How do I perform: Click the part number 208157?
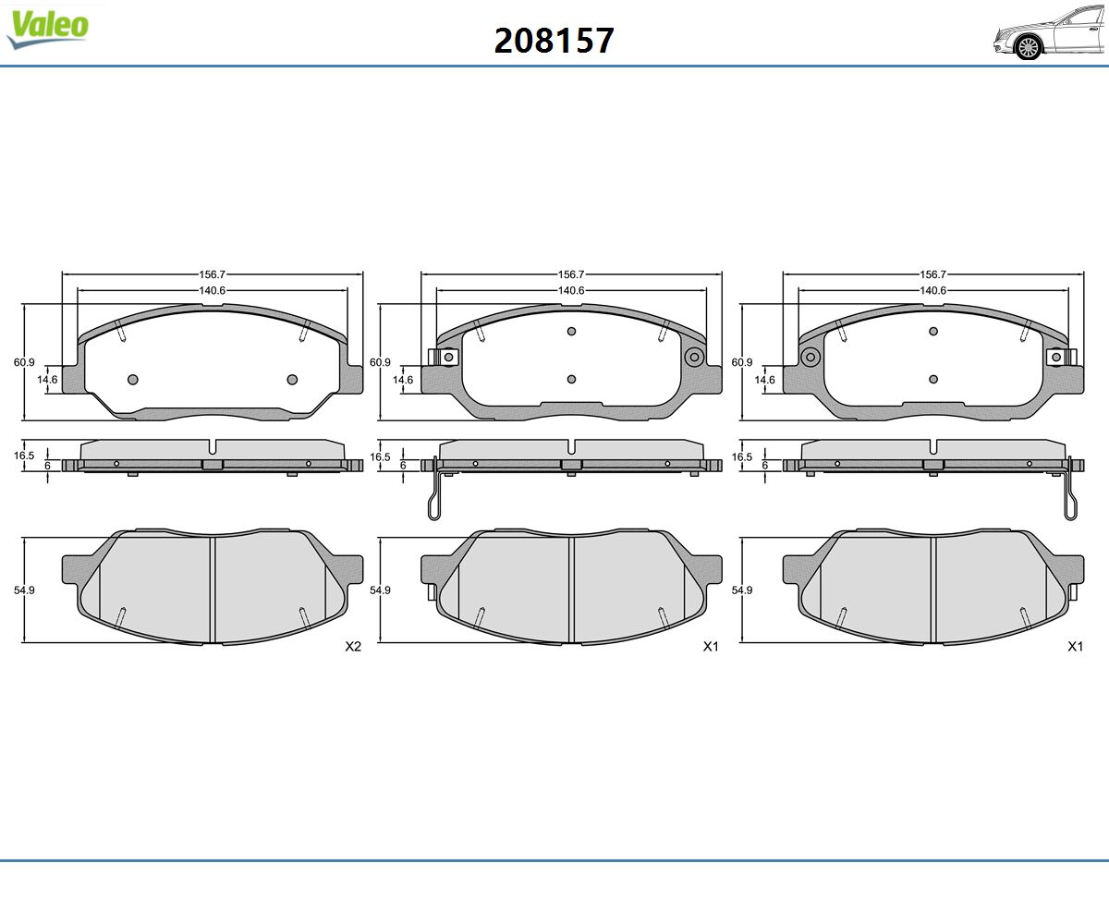click(554, 41)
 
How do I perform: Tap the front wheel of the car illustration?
click(1029, 47)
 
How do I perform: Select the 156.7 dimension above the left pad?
click(213, 274)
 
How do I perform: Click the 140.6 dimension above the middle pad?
click(571, 290)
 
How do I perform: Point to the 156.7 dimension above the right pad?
click(933, 274)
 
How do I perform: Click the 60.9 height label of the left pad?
click(24, 362)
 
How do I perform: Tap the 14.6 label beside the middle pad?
click(403, 380)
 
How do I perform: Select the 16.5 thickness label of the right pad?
click(742, 457)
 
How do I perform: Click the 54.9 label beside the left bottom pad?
click(24, 590)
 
